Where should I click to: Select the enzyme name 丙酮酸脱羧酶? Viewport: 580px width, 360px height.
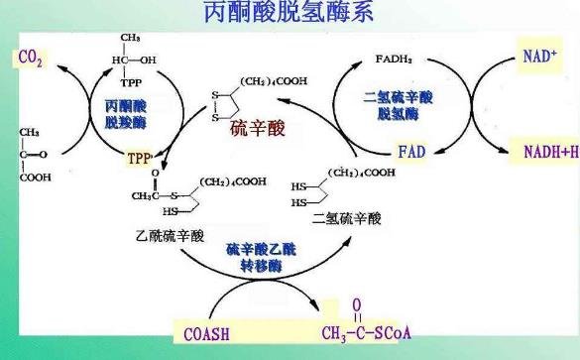click(124, 112)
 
